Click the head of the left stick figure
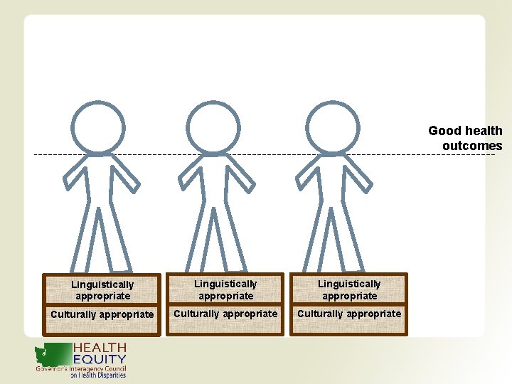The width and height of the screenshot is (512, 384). [98, 129]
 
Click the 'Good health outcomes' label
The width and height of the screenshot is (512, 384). [466, 139]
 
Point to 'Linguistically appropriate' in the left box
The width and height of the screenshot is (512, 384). [102, 290]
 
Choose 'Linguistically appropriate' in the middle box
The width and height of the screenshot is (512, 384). [225, 290]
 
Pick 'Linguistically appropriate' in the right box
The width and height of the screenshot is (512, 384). [348, 290]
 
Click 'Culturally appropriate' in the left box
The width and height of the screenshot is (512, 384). [102, 314]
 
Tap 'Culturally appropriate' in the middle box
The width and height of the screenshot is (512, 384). [225, 314]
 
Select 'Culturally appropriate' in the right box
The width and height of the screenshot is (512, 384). [348, 314]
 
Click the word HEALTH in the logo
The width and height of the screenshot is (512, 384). [100, 348]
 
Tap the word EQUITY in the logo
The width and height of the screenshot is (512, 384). [100, 359]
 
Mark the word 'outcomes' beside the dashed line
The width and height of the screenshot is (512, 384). [472, 146]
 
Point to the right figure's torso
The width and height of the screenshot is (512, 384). [330, 181]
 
